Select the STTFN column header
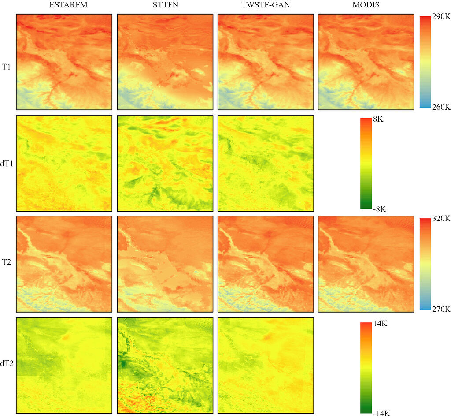point(164,6)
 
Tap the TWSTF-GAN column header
point(265,6)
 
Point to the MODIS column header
point(366,6)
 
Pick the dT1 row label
point(7,163)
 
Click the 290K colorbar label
point(441,17)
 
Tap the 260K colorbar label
point(441,107)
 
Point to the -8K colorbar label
point(379,209)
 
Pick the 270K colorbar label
point(441,310)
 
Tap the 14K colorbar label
point(380,323)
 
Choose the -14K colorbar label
point(381,413)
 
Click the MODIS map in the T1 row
point(366,62)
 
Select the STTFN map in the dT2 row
point(165,366)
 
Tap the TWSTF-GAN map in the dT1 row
point(265,163)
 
